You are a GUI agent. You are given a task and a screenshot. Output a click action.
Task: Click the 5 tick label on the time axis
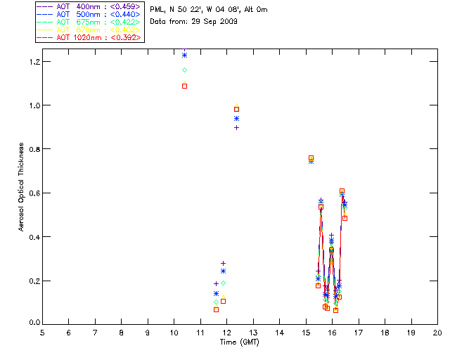tap(43, 332)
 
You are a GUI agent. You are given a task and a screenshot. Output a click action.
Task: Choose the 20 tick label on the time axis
tap(437, 332)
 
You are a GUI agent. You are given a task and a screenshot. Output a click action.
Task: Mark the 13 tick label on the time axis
tap(253, 332)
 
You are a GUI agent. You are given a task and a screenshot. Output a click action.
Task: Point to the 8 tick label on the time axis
tap(122, 332)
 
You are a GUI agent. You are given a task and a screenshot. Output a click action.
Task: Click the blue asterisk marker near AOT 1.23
tap(184, 55)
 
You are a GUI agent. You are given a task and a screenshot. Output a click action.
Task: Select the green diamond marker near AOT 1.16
tap(184, 70)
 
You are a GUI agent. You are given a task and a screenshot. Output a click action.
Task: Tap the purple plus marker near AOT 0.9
tap(236, 127)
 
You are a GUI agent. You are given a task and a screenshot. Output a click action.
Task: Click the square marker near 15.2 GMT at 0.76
tap(311, 158)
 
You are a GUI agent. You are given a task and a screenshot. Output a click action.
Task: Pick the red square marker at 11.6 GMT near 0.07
tap(216, 309)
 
